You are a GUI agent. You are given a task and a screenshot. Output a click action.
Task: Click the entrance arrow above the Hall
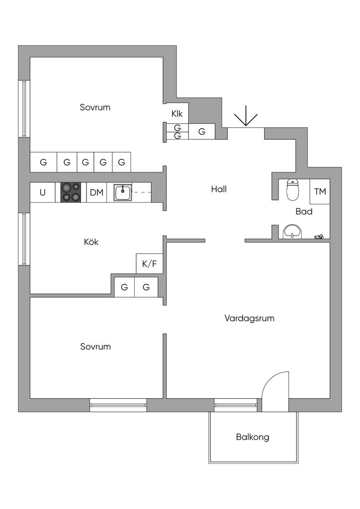[x=246, y=119]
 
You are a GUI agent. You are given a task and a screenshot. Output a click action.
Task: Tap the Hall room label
[x=219, y=189]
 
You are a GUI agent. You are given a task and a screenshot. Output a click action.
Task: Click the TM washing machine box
[x=320, y=191]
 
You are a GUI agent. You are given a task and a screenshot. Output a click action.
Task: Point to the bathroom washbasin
[x=292, y=232]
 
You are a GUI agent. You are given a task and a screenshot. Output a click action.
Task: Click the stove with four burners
[x=71, y=192]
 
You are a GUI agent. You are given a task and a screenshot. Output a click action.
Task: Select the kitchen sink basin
[x=122, y=192]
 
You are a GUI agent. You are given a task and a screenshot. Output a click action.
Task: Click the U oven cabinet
[x=43, y=192]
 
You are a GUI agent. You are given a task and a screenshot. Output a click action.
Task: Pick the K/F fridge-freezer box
[x=149, y=263]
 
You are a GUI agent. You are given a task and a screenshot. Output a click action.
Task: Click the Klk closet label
[x=177, y=114]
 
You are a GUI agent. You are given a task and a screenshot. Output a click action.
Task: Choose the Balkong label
[x=253, y=437]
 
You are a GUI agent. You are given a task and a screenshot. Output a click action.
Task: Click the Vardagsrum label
[x=250, y=318]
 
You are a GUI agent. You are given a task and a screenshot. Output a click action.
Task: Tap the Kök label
[x=91, y=242]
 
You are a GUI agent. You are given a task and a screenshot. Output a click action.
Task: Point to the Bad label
[x=304, y=211]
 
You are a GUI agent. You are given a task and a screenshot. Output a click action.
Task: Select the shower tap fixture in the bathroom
[x=319, y=237]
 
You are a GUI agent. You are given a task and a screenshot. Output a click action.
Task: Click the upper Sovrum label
[x=95, y=107]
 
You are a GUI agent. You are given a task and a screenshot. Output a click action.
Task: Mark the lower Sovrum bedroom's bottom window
[x=118, y=405]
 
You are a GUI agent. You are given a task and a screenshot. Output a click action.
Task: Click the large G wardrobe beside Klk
[x=202, y=132]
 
